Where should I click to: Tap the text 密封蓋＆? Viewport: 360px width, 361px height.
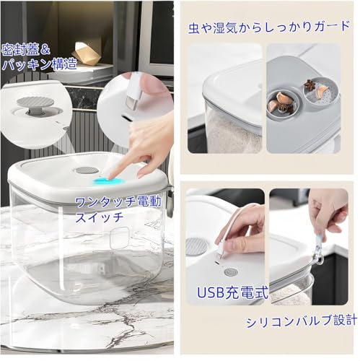point(26,50)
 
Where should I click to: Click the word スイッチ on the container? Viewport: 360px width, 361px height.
point(102,216)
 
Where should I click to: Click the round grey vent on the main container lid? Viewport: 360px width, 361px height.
point(87,171)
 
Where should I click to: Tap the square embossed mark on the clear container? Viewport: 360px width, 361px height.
point(118,238)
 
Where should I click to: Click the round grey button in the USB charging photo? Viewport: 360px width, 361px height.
point(230,273)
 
